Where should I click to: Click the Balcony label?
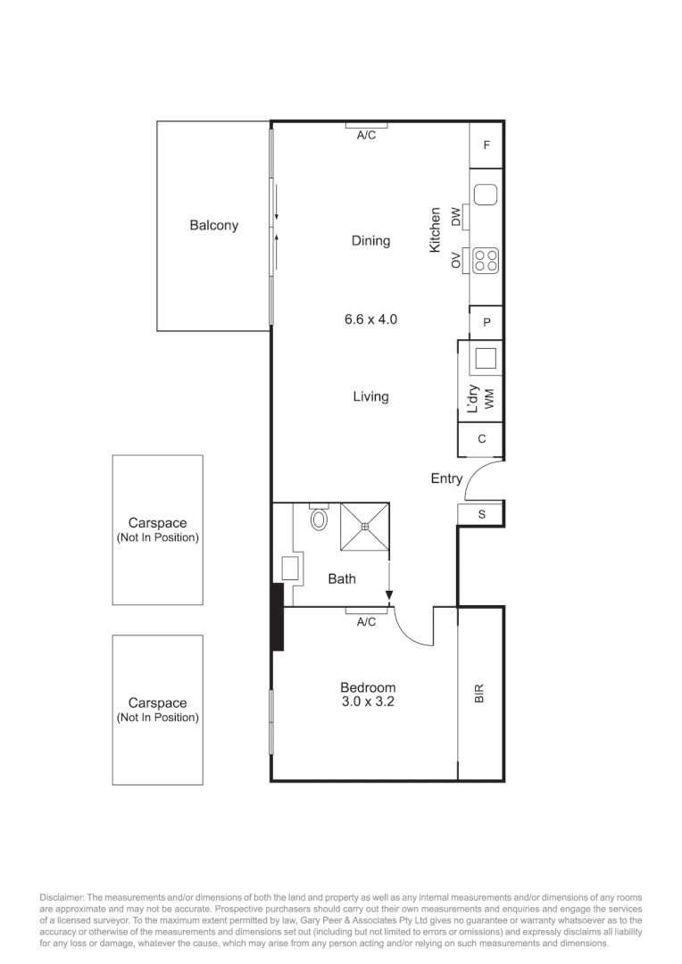[213, 226]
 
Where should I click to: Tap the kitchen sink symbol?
[486, 195]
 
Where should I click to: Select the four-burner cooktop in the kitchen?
[486, 260]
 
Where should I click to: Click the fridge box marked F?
[487, 145]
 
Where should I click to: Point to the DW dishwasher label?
[456, 215]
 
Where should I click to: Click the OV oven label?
[456, 261]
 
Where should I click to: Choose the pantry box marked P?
[487, 323]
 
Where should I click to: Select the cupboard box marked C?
[482, 438]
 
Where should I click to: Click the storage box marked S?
[482, 514]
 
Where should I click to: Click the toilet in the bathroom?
[319, 519]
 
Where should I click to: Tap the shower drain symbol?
[365, 527]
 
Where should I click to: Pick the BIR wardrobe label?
[479, 694]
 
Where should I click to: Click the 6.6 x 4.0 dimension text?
[370, 318]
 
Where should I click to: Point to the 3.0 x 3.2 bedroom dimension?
[368, 702]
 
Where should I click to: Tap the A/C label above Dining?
[366, 136]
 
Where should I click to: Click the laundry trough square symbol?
[486, 358]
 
